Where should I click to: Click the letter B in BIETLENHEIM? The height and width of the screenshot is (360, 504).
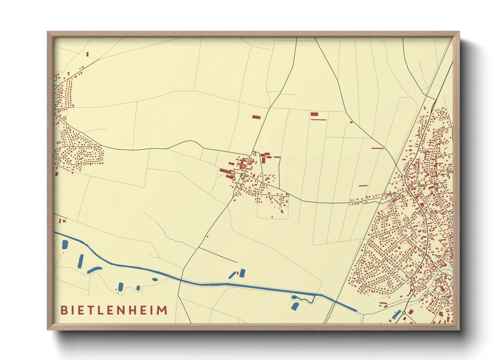pyautogui.click(x=63, y=310)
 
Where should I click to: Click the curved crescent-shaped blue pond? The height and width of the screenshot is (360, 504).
pyautogui.click(x=94, y=270)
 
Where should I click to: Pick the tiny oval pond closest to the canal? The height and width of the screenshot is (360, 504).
pyautogui.click(x=155, y=280)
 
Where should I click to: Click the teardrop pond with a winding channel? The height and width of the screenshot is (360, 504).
pyautogui.click(x=295, y=298)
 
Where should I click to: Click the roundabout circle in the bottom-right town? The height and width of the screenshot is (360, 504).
pyautogui.click(x=404, y=312)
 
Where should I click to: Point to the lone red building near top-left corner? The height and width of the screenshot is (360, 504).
pyautogui.click(x=88, y=54)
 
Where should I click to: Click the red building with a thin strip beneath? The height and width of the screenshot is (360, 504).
pyautogui.click(x=314, y=114)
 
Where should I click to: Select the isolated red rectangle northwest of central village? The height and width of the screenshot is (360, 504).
pyautogui.click(x=256, y=117)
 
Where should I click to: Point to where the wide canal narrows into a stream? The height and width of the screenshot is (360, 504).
pyautogui.click(x=358, y=311)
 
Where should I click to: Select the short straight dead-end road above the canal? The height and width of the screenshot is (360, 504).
pyautogui.click(x=218, y=255)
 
